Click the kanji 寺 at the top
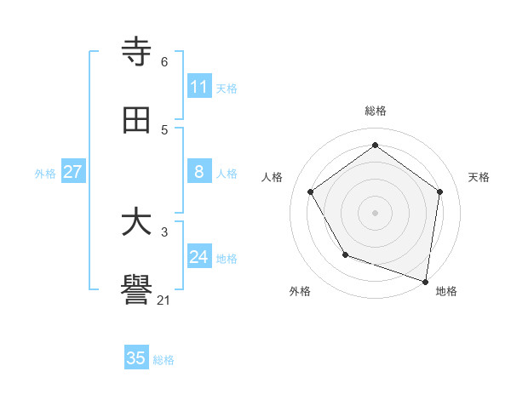[x=136, y=52]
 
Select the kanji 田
[x=136, y=121]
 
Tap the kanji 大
[x=136, y=223]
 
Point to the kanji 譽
[x=136, y=292]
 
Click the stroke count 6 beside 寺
[x=164, y=62]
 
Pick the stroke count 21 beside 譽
[x=164, y=300]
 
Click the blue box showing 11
[x=198, y=87]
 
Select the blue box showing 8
[x=198, y=172]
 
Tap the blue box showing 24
[x=198, y=257]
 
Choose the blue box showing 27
[x=72, y=172]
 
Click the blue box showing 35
[x=136, y=358]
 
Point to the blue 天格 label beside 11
[x=227, y=88]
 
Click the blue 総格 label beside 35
[x=164, y=359]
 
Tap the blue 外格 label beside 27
[x=45, y=173]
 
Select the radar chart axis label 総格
[x=375, y=111]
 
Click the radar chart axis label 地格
[x=446, y=292]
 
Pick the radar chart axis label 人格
[x=272, y=177]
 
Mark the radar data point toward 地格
[x=426, y=281]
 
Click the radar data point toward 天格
[x=439, y=191]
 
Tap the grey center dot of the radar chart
[x=375, y=212]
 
